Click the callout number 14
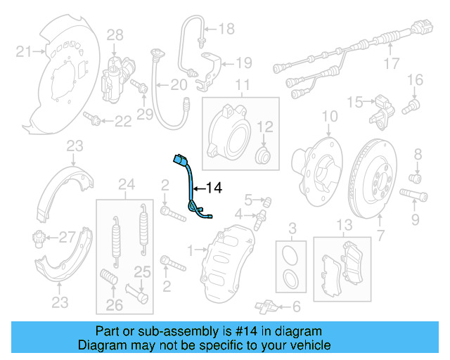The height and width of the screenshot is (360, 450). pos(214,188)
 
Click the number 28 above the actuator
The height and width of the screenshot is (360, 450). pos(115,34)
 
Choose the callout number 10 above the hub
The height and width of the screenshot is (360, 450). pos(330,116)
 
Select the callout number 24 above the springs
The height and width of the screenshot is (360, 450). pos(127,185)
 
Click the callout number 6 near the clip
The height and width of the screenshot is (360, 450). pos(296,306)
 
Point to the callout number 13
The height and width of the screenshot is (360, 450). pos(343,225)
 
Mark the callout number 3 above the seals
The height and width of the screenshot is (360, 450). pos(292,226)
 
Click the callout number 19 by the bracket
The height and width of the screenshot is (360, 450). pos(243,63)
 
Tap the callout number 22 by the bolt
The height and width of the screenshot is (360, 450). pos(123,122)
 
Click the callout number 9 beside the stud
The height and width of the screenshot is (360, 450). pos(415,221)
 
